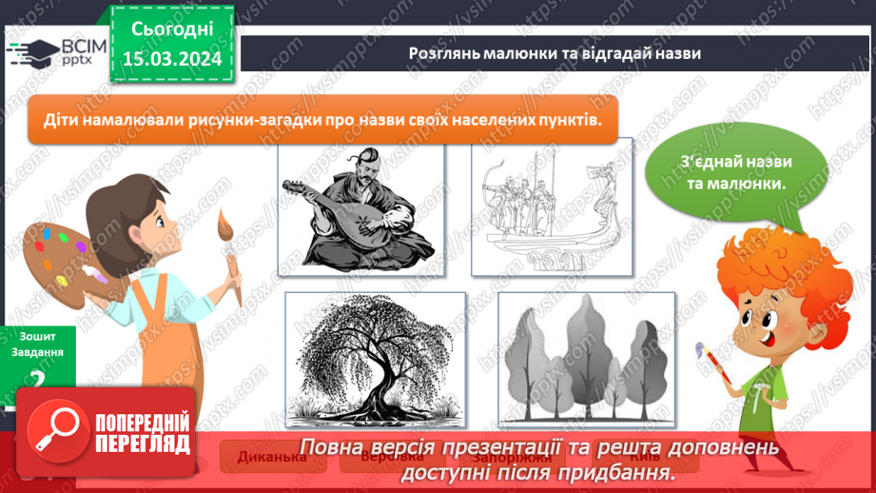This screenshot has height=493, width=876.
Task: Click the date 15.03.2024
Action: (x=172, y=58)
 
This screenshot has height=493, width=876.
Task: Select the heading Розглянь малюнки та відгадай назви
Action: (x=554, y=53)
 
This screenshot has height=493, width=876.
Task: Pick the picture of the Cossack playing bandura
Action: (x=360, y=210)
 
